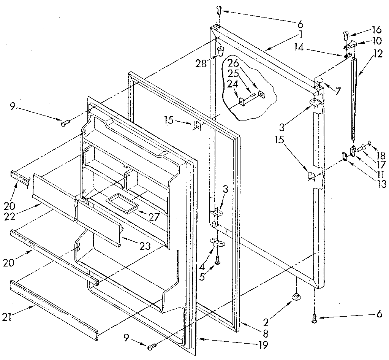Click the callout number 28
[201, 63]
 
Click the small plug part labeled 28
[220, 51]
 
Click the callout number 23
[145, 246]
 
